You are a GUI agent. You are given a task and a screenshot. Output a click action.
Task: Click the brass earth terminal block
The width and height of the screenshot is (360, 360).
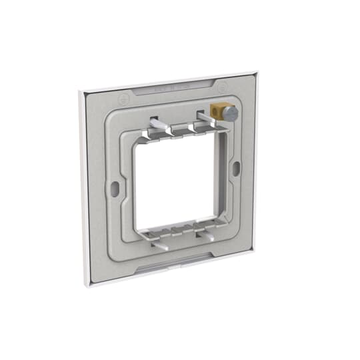[217, 111]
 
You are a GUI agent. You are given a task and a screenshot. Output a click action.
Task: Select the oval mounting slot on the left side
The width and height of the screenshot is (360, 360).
[115, 189]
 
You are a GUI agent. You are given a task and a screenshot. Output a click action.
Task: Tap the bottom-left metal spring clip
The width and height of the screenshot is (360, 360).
[159, 243]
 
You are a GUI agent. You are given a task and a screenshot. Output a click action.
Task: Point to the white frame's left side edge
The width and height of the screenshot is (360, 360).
[84, 187]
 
